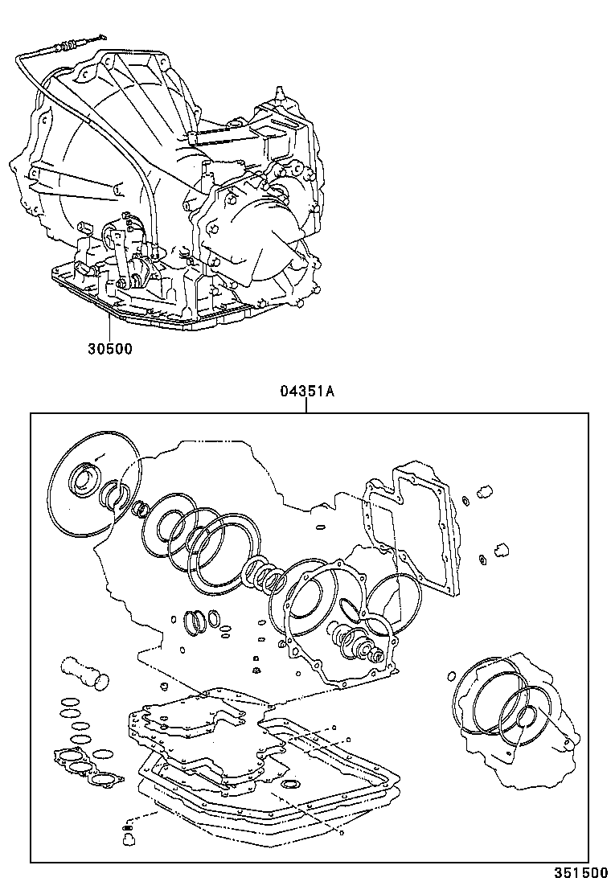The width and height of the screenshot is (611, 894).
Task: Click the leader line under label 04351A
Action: point(306,406)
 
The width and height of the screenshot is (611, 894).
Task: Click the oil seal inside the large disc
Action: point(83,480)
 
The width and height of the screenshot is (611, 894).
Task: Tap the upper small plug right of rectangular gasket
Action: point(484,491)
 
